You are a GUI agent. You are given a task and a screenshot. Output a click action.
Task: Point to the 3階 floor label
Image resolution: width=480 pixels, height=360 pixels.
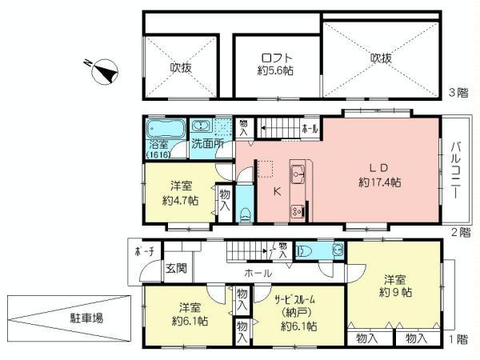(458, 93)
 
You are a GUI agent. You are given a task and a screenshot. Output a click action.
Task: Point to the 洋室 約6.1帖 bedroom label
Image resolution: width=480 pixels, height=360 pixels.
(190, 314)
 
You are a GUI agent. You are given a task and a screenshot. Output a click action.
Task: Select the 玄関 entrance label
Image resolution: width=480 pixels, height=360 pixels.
(176, 269)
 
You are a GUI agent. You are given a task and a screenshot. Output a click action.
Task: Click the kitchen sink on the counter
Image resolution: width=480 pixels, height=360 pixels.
(298, 170)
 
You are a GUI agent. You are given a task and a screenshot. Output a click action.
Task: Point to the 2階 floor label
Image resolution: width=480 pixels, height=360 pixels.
(458, 233)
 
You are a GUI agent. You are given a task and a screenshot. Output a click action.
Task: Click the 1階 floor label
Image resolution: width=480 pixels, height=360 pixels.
(458, 339)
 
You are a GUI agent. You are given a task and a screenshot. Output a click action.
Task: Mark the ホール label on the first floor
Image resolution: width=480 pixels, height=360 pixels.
(258, 273)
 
